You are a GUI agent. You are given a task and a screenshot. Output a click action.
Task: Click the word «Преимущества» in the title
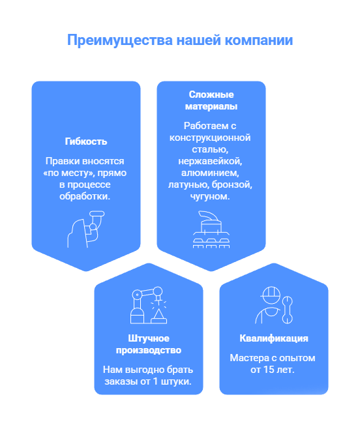[120, 40]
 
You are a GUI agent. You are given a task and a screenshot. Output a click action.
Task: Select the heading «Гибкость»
[86, 141]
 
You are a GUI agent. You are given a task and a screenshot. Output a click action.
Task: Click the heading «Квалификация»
[274, 338]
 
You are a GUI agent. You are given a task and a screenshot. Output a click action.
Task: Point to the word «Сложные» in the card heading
[211, 95]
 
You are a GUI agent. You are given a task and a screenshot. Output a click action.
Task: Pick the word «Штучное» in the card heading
[149, 338]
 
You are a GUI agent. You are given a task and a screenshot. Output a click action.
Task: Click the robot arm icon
[149, 305]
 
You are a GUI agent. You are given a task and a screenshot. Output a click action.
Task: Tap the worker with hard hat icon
[274, 305]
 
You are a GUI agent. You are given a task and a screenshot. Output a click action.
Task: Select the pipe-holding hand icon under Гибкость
[86, 229]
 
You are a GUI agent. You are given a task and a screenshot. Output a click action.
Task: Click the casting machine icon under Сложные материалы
[211, 229]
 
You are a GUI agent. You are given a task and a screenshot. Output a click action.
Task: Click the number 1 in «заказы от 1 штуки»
[155, 381]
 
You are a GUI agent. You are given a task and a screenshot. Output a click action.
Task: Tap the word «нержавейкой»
[210, 161]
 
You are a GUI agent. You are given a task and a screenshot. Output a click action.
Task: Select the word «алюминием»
[210, 173]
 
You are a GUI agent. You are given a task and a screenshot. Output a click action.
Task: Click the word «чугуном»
[210, 196]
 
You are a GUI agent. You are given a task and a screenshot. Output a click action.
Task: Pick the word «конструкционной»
[210, 138]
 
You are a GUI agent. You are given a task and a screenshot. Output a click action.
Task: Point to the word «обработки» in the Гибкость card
[85, 196]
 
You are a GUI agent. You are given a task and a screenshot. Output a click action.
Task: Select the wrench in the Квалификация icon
[287, 310]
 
